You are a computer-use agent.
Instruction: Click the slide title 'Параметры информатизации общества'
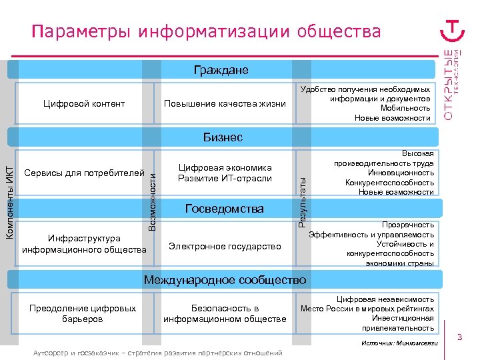pos(207,31)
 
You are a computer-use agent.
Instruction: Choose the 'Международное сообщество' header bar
pos(225,280)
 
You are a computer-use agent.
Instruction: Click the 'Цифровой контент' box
pos(84,103)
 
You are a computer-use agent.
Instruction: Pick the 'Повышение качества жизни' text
pos(225,104)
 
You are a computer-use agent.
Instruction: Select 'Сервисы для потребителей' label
pos(85,173)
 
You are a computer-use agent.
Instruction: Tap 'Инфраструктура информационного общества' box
pos(84,243)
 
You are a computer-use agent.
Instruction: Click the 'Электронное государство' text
pos(225,246)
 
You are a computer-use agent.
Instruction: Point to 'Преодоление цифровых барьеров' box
pos(83,313)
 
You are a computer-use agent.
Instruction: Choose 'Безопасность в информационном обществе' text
pos(225,313)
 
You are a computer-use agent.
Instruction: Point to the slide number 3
pos(460,339)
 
